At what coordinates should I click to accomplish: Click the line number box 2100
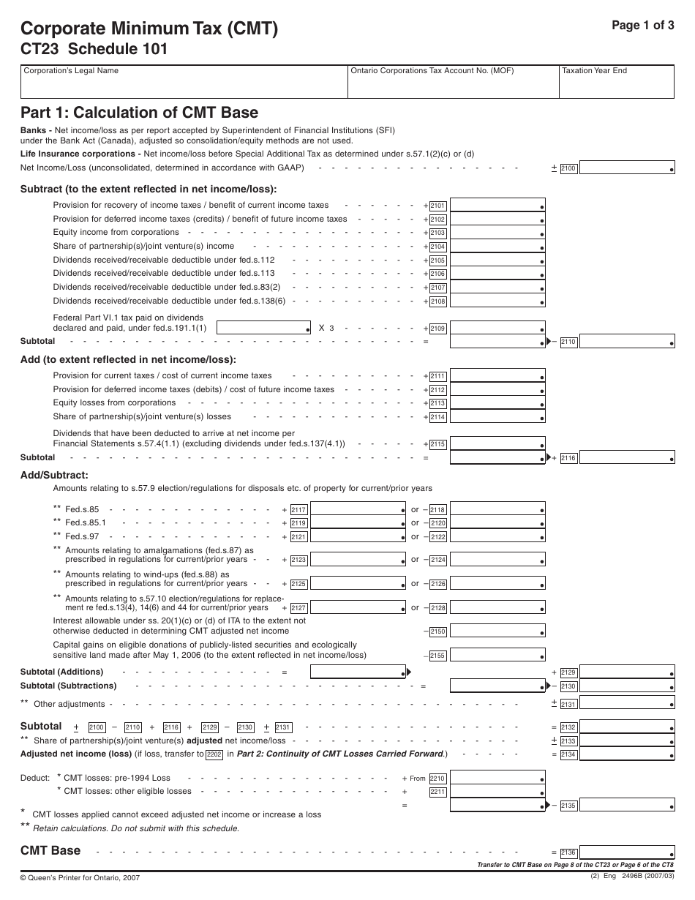point(568,169)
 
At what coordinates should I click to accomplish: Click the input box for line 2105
point(497,260)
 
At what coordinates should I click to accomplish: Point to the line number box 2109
point(437,329)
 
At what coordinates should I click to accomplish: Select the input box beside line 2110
point(627,342)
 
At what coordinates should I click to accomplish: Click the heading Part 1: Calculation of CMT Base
point(139,113)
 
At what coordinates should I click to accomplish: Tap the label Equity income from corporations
point(116,233)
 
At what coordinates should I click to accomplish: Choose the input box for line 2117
point(358,509)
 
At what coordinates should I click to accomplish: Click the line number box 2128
point(437,608)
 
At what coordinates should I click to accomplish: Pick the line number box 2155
point(437,656)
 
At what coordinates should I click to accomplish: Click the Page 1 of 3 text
point(642,24)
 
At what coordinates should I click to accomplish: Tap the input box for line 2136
point(627,852)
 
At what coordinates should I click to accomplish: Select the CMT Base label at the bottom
point(50,850)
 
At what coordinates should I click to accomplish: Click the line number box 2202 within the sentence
point(214,754)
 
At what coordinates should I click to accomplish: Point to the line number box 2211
point(437,792)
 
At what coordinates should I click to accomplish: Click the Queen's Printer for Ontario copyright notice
point(80,877)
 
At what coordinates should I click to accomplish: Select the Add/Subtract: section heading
point(54,475)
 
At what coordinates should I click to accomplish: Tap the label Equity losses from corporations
point(114,403)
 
